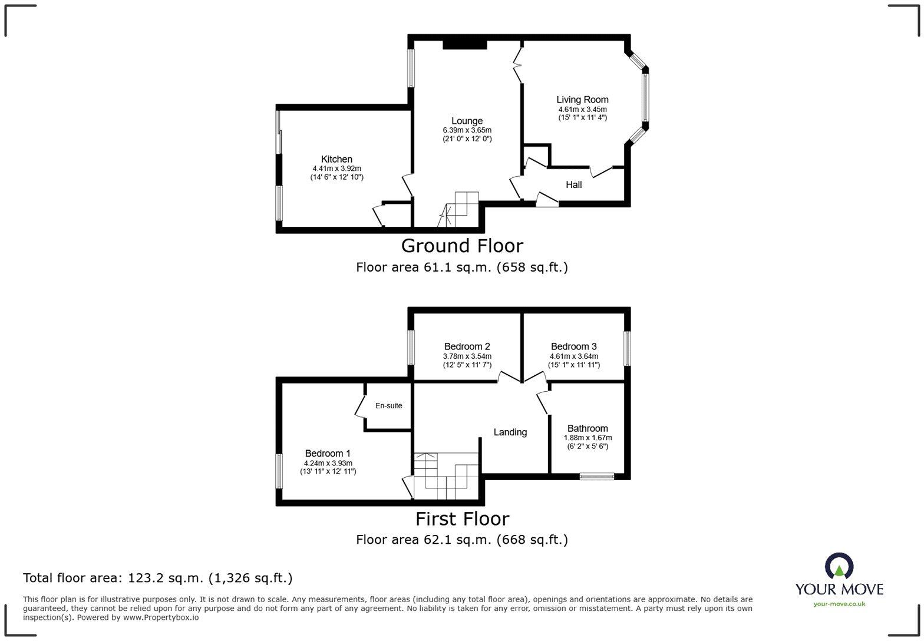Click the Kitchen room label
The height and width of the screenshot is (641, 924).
[x=336, y=159]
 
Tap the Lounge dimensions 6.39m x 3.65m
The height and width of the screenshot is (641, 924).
[x=467, y=130]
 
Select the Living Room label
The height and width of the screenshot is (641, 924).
[x=582, y=100]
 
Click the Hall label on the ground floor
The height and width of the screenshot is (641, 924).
[x=573, y=184]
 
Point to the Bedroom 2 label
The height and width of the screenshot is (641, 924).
[x=467, y=346]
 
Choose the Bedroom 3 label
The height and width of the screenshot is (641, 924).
[x=573, y=346]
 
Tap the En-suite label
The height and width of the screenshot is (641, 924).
[x=388, y=405]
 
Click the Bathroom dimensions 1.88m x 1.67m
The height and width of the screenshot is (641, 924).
[x=588, y=438]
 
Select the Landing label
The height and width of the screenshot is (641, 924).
[x=510, y=432]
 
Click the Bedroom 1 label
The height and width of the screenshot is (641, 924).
[x=328, y=453]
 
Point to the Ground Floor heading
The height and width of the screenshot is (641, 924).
[x=462, y=245]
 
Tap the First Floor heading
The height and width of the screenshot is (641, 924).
[x=462, y=518]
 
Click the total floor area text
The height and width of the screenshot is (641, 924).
[x=157, y=578]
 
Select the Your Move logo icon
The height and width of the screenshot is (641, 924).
[x=839, y=566]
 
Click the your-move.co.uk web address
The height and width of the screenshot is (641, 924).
[x=839, y=603]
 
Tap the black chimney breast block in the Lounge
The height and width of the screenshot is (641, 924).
[x=464, y=45]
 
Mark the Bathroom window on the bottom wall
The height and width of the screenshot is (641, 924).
[x=596, y=476]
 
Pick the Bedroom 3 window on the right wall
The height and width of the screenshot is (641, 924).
[x=628, y=348]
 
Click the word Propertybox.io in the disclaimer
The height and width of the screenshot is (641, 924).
[x=160, y=617]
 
